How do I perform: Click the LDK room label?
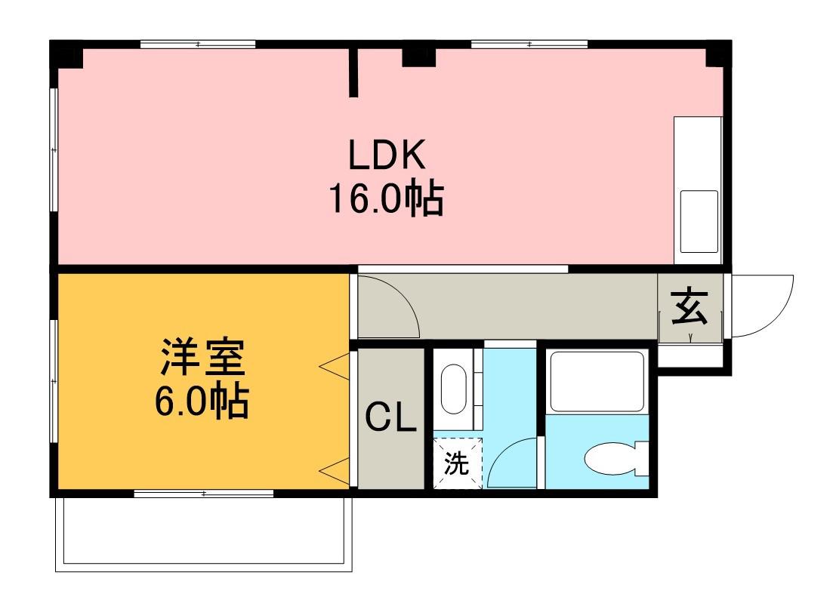(387, 155)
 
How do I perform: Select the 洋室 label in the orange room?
(202, 360)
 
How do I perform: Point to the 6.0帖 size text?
(202, 403)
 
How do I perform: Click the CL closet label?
(391, 417)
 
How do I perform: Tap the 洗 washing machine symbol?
(456, 463)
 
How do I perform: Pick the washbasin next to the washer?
(453, 389)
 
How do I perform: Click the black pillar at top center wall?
(418, 55)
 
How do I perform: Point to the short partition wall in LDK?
(353, 73)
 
